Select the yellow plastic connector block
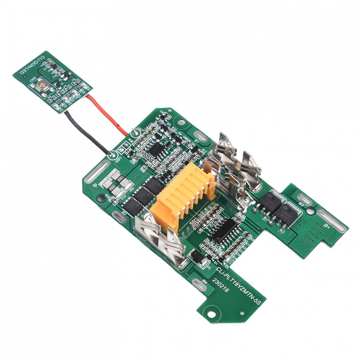[183, 195]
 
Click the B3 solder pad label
[301, 204]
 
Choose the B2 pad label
[124, 213]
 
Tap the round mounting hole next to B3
[311, 211]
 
